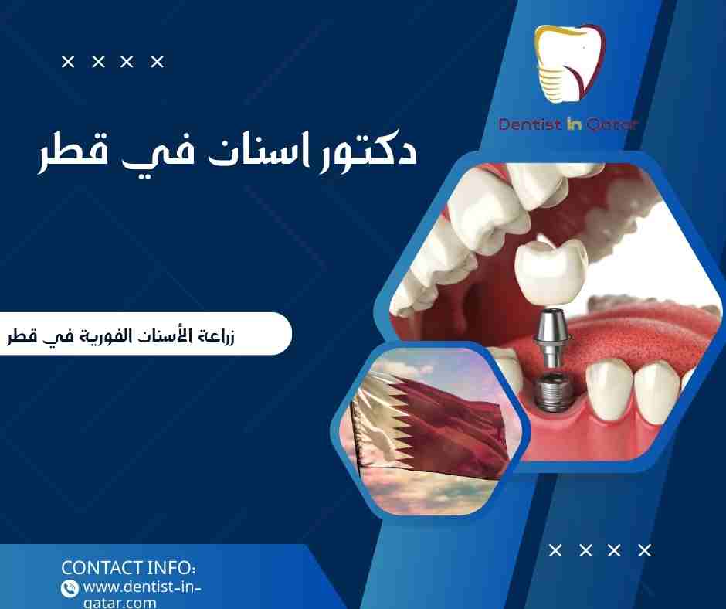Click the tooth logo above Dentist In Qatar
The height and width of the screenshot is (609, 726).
pos(571,66)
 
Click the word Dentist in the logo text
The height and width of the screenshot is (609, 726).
pos(528,124)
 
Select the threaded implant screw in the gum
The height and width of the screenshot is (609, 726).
pos(551,390)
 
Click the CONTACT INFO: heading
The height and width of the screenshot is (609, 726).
pos(128,567)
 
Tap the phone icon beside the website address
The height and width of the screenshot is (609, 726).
pos(70,588)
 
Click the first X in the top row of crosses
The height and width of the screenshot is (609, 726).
pos(68,62)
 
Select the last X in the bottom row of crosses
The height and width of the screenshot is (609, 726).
pos(645,551)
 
